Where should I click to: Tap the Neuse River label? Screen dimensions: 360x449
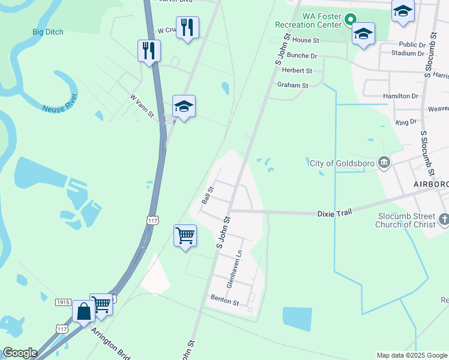coord(60,101)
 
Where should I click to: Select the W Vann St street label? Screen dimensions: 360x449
coord(142,106)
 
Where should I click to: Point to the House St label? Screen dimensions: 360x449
coord(306,40)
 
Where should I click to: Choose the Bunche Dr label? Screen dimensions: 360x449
coord(302,56)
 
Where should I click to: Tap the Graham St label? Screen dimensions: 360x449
coord(292,85)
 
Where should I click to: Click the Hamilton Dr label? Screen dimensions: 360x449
coord(400,96)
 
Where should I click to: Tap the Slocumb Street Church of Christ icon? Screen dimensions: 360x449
coord(443,220)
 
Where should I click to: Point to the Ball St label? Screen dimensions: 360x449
coord(208,195)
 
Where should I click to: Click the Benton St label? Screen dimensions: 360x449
coord(224,297)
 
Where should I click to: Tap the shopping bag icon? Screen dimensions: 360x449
coord(83,311)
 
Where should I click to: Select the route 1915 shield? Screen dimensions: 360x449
coord(64,302)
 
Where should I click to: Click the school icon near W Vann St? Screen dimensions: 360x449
coord(184,107)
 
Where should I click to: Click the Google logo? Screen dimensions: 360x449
coord(20,353)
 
